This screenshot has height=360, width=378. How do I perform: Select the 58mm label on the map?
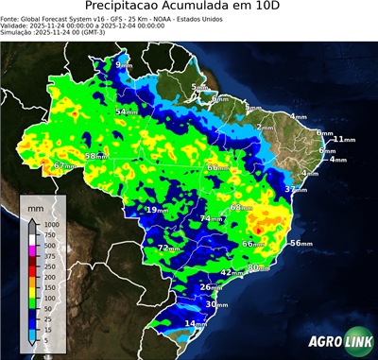point(95,156)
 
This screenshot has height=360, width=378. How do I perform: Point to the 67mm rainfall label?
point(63,166)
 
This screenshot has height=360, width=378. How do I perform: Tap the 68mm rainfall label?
point(241,207)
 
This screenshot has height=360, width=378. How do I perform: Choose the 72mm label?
point(166,249)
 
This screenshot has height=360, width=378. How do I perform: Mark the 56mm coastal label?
point(300,244)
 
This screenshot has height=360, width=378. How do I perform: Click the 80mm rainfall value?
point(254,268)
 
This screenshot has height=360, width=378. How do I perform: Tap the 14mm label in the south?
point(194,324)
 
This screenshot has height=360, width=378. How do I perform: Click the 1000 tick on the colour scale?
point(51,225)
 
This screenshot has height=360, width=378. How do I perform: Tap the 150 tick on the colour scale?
point(49,287)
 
